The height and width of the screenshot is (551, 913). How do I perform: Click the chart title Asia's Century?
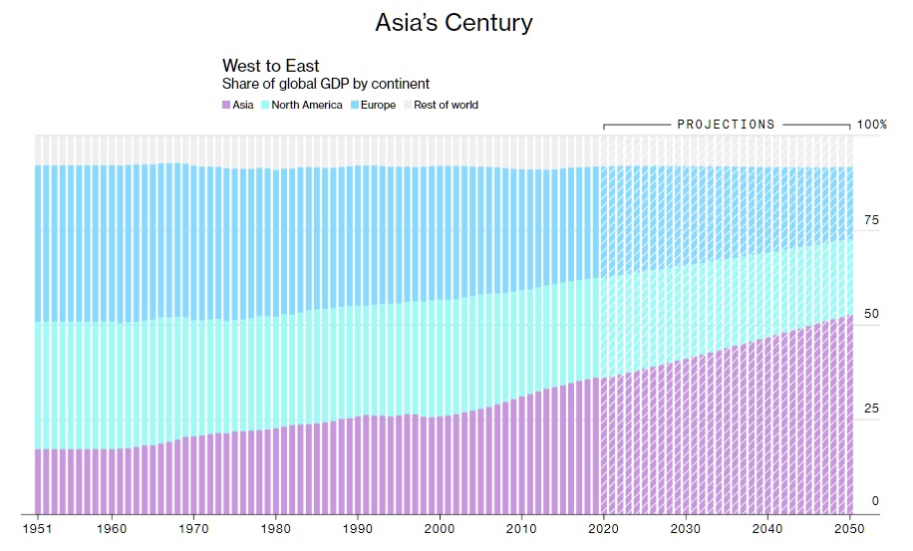click(454, 23)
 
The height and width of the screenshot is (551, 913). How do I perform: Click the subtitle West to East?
click(270, 67)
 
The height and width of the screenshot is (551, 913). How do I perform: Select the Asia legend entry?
click(238, 105)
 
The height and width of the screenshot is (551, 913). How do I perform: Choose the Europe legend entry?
click(376, 105)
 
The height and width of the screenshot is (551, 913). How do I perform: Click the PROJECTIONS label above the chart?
click(726, 125)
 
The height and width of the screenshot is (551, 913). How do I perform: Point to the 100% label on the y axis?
click(870, 125)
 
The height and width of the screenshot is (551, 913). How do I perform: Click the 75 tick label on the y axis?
click(870, 220)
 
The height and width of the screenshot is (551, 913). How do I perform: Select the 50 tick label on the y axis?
click(870, 314)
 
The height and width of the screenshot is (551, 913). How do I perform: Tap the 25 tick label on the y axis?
click(870, 408)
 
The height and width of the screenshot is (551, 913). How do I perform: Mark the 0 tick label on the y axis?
click(875, 501)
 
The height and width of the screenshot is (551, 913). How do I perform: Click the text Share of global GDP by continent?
click(326, 85)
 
